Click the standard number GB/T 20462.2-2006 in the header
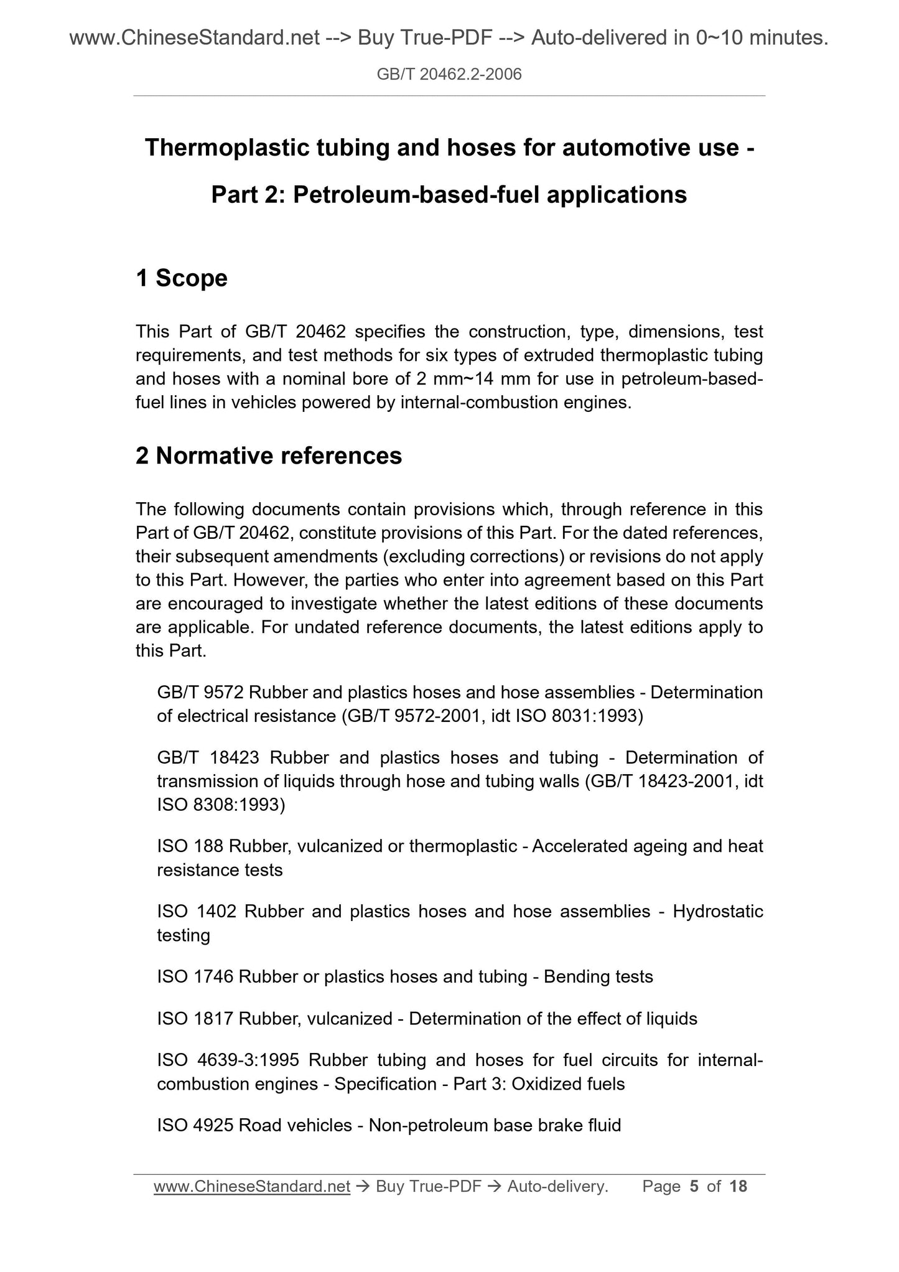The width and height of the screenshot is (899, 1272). point(449,75)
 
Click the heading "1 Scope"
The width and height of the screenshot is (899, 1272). point(182,278)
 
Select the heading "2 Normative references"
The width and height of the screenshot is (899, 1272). point(269,456)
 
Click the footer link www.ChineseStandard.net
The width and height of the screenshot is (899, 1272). point(252,1187)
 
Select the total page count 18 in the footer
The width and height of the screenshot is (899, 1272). point(738,1187)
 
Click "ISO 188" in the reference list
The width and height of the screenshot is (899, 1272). point(190,846)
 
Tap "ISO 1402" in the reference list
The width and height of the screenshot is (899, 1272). point(197,912)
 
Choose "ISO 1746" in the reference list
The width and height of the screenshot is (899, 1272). point(195,977)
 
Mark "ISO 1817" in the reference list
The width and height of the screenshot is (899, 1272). point(195,1019)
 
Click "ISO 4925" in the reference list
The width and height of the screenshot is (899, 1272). point(195,1125)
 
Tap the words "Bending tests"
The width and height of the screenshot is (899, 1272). point(598,977)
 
